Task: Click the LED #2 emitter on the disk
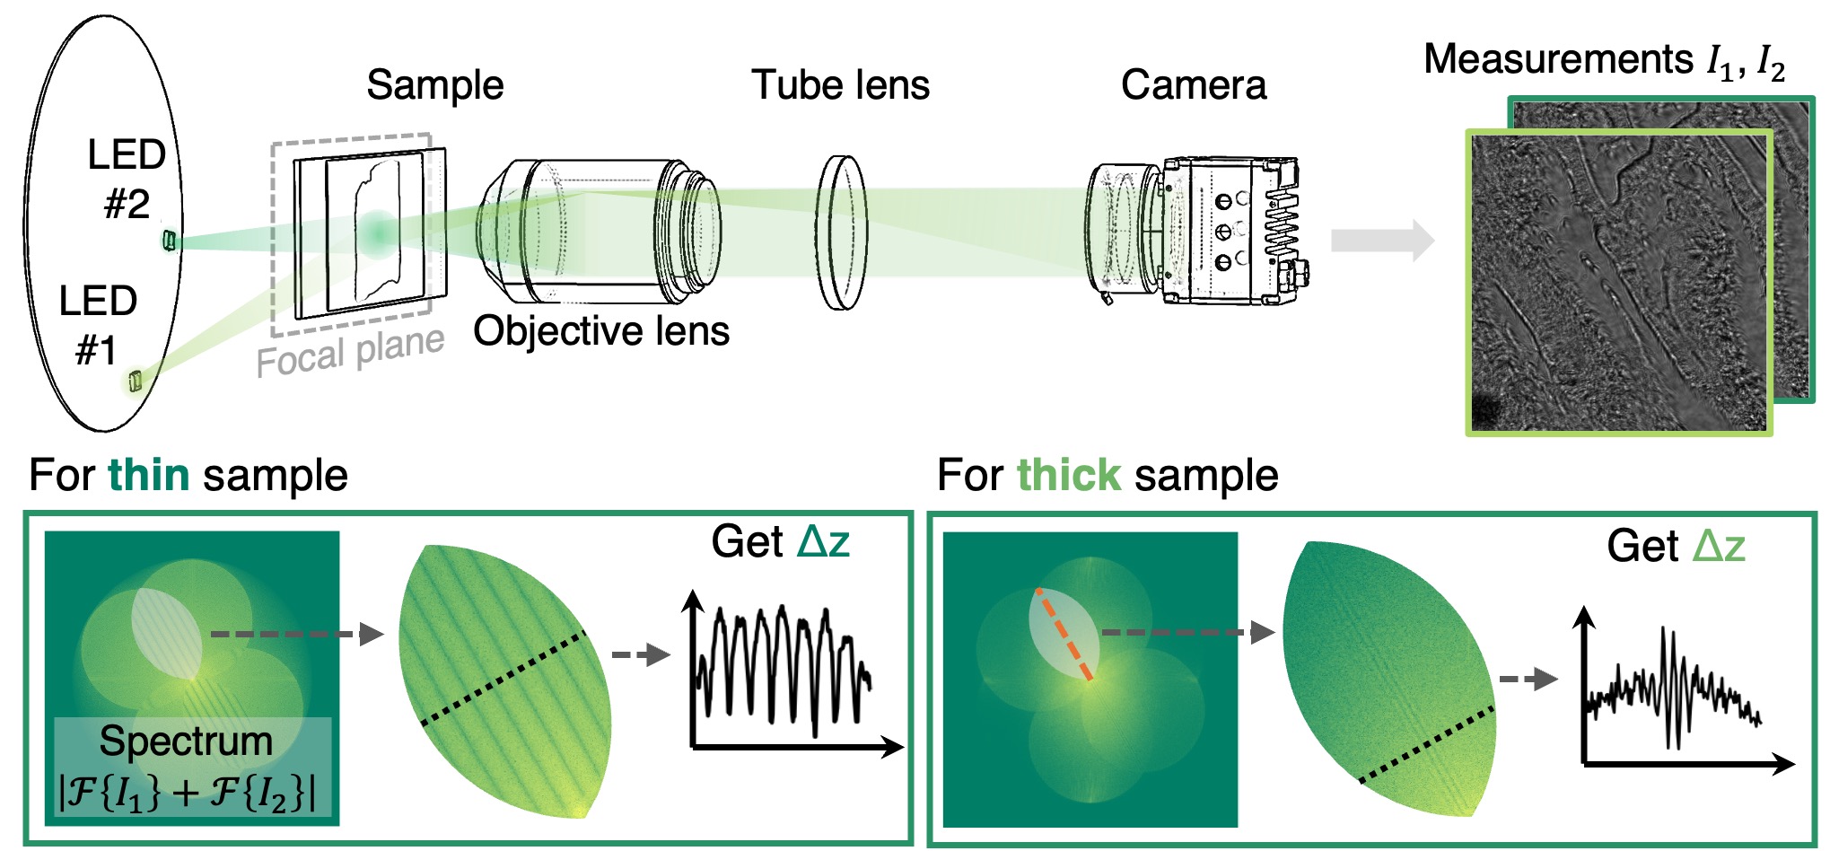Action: pos(169,241)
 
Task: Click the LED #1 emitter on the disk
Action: pos(135,382)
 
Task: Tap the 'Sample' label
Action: pos(434,85)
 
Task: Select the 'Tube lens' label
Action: pos(840,85)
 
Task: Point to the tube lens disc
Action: pos(842,232)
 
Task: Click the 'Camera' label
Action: pos(1193,85)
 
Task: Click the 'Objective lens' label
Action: pos(600,331)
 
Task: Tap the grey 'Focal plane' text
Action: pos(350,352)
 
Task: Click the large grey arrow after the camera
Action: pos(1382,241)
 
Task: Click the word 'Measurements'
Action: pos(1558,59)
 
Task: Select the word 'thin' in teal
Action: pos(149,475)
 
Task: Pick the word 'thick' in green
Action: pos(1068,475)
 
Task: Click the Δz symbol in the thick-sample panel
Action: pos(1720,546)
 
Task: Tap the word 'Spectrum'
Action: pos(186,741)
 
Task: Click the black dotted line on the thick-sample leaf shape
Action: pos(1427,745)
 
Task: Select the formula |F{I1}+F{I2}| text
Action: pos(187,792)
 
